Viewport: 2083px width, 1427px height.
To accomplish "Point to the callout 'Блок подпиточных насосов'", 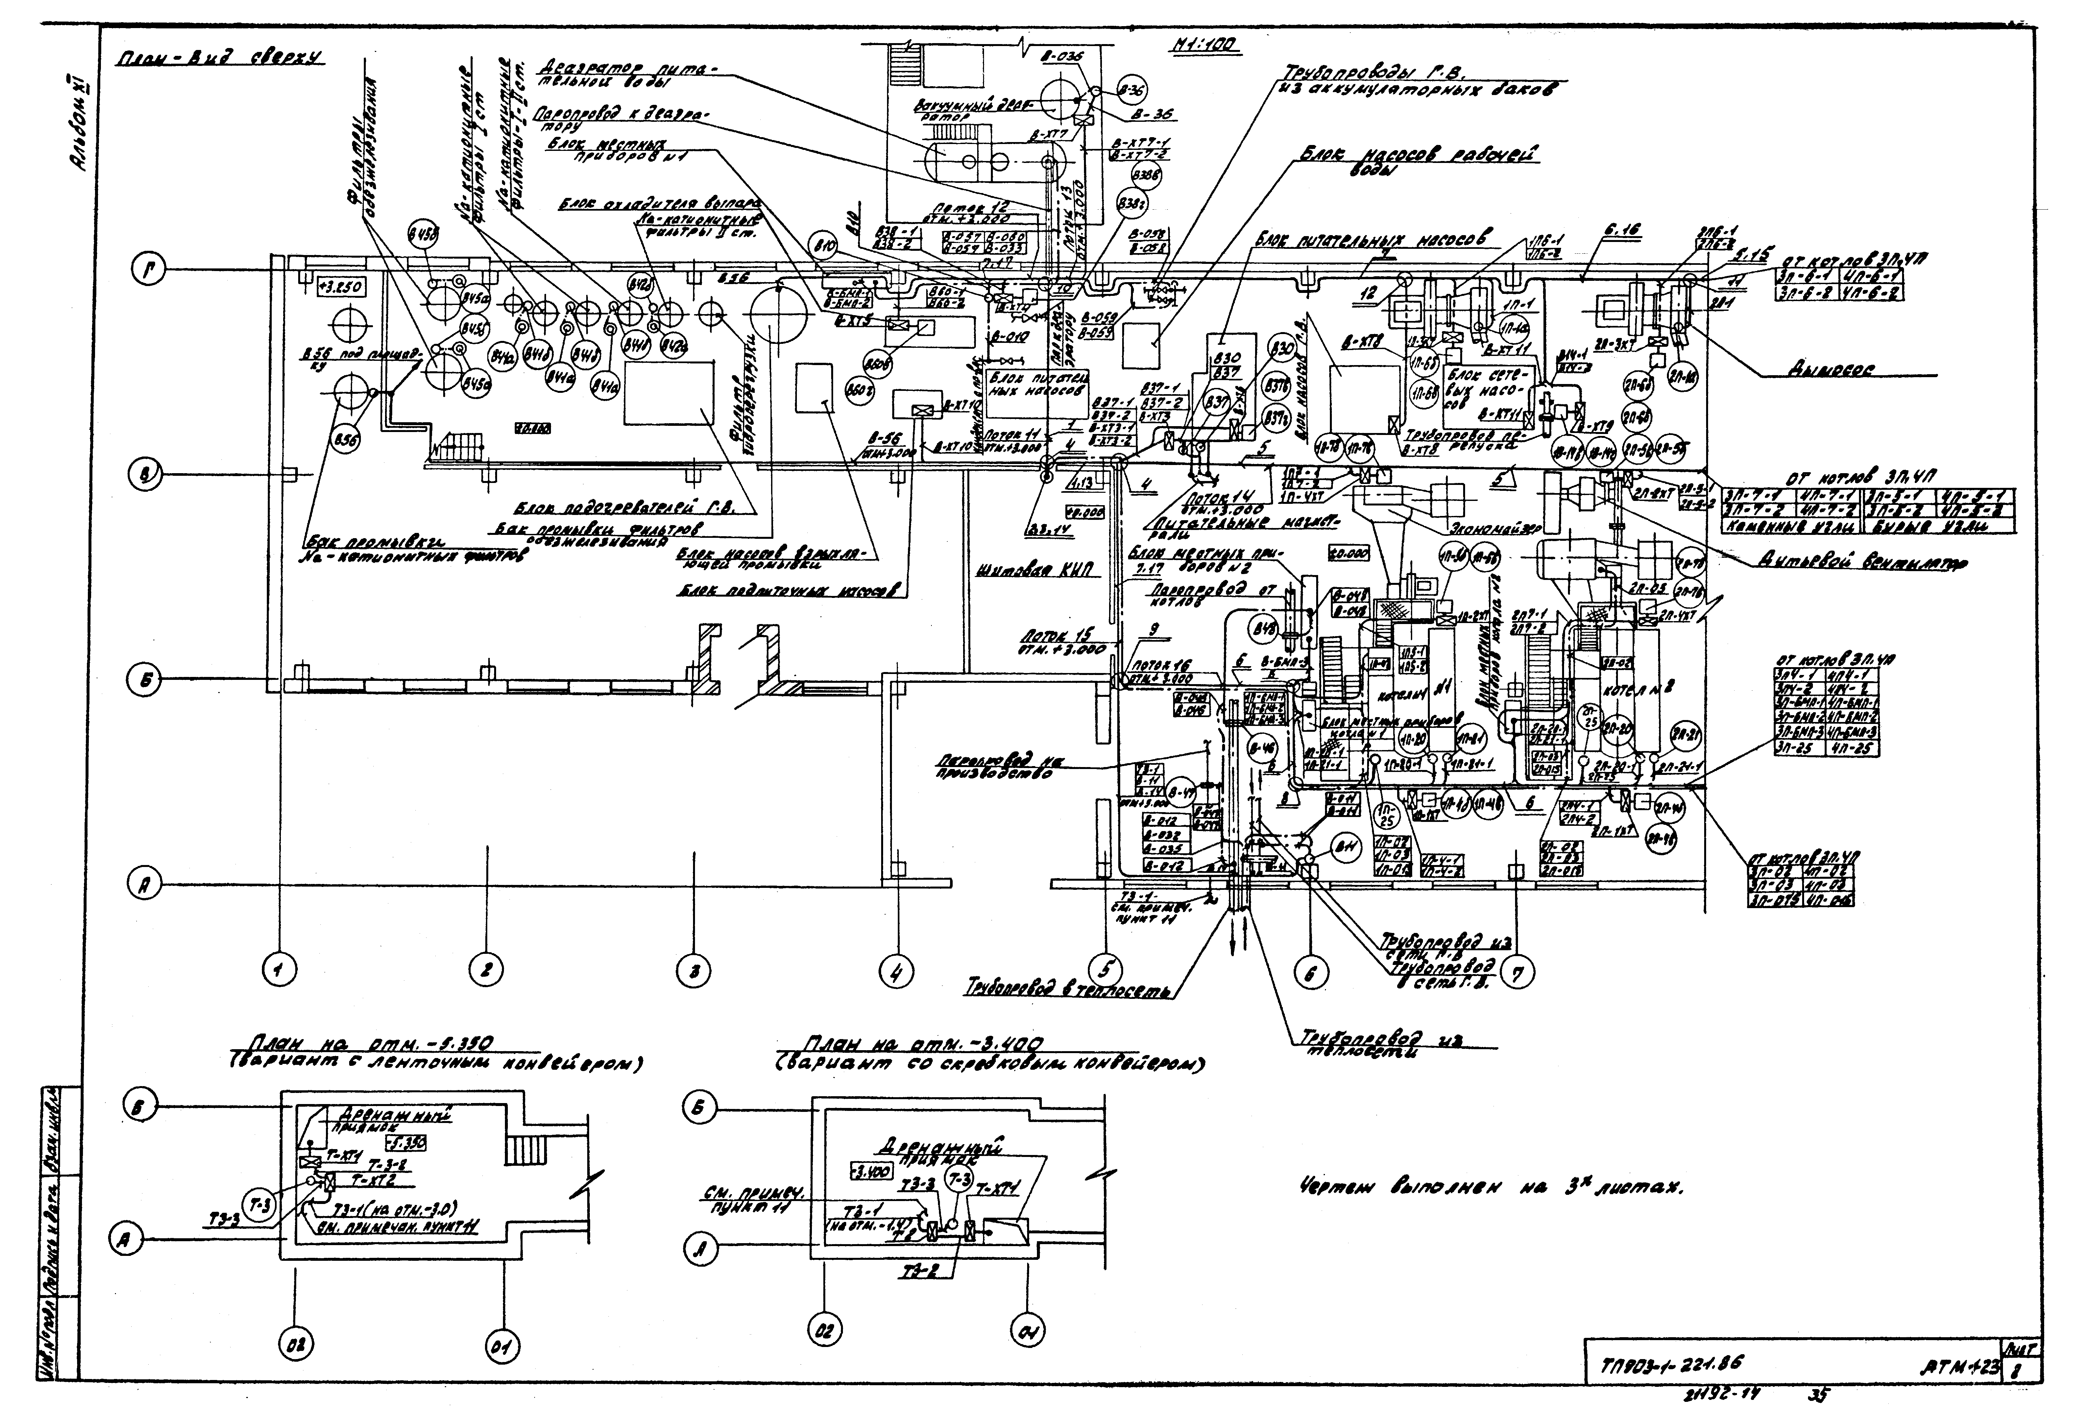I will point(789,592).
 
